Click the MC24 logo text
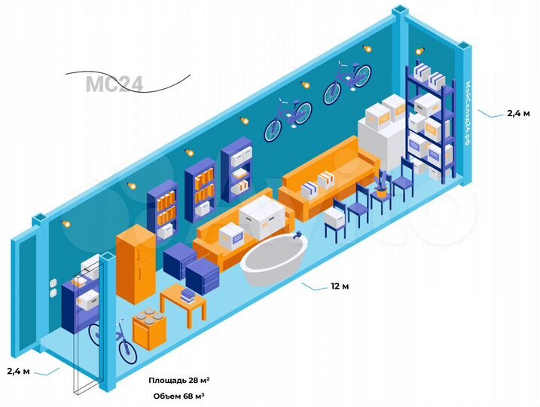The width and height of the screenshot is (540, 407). click(114, 83)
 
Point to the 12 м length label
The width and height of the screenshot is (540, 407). click(340, 286)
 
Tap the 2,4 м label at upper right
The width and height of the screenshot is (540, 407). click(517, 113)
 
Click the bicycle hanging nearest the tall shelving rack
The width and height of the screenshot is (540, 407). click(347, 83)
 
